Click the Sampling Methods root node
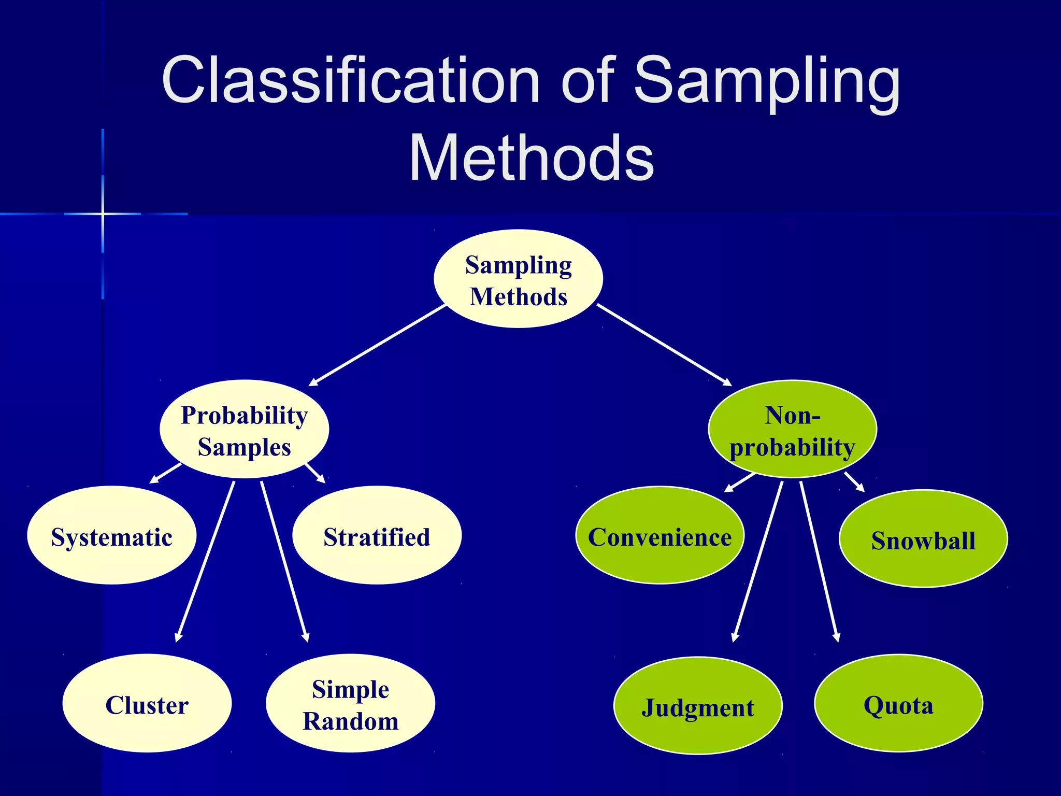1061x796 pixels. coord(518,279)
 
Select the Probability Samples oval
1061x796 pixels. coord(244,429)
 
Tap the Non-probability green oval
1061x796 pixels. coord(792,429)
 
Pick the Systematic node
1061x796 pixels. coord(111,535)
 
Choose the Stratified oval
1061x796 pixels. coord(377,535)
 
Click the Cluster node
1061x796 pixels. coord(147,703)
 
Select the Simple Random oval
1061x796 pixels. coord(350,703)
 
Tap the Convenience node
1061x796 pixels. coord(659,535)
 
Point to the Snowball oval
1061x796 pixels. coord(923,539)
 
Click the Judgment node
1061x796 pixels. coord(697,706)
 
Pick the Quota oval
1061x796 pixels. coord(898,703)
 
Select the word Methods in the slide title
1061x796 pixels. coord(532,158)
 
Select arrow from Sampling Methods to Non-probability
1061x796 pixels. coord(664,345)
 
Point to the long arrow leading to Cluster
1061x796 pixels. coord(205,562)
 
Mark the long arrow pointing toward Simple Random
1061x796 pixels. coord(284,562)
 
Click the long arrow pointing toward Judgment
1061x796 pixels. coord(757,562)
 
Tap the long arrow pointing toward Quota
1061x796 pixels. coord(819,562)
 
